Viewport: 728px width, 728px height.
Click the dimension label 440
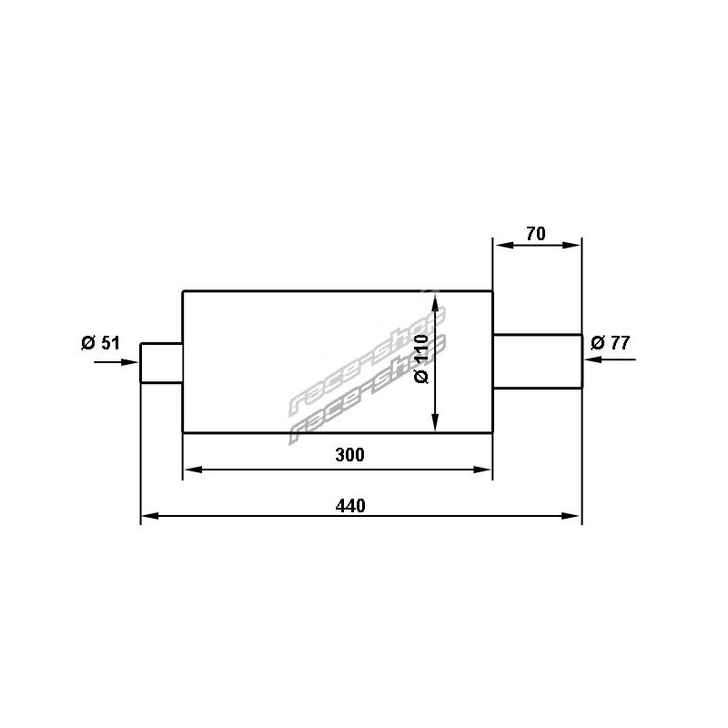coord(350,506)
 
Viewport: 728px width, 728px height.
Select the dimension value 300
coord(350,455)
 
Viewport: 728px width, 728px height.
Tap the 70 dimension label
coord(536,234)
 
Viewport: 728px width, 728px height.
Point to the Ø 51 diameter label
coord(100,343)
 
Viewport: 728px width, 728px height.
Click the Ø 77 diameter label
coord(610,343)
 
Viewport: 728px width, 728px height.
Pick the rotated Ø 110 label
coord(421,359)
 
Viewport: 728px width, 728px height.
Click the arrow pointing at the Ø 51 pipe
coord(116,362)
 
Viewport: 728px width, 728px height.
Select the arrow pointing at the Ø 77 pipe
coord(610,359)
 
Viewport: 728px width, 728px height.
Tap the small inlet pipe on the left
coord(162,363)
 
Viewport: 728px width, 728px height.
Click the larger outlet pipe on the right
coord(537,360)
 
